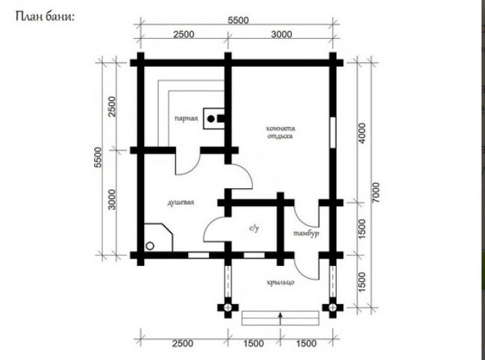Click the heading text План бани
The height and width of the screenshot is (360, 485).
pyautogui.click(x=46, y=16)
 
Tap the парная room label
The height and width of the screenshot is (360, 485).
pyautogui.click(x=187, y=119)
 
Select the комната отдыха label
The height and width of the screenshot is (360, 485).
pyautogui.click(x=281, y=132)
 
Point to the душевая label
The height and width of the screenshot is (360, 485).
pyautogui.click(x=181, y=202)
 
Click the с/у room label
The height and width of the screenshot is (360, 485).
pyautogui.click(x=254, y=229)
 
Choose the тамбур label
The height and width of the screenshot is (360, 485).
pyautogui.click(x=306, y=233)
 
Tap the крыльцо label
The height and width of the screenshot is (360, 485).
pyautogui.click(x=281, y=282)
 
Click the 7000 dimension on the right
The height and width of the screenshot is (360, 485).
pyautogui.click(x=375, y=193)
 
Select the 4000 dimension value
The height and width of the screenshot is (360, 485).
pyautogui.click(x=362, y=133)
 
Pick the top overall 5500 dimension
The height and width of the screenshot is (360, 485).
pyautogui.click(x=238, y=20)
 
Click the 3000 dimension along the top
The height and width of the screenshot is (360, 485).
pyautogui.click(x=281, y=34)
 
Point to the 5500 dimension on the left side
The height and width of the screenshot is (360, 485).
pyautogui.click(x=98, y=158)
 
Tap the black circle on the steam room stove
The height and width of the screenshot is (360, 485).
pyautogui.click(x=211, y=119)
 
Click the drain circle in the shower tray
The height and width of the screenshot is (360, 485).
pyautogui.click(x=150, y=246)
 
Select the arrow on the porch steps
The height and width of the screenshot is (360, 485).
pyautogui.click(x=281, y=319)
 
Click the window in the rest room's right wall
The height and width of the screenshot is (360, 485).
pyautogui.click(x=333, y=132)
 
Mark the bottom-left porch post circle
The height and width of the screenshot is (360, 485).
pyautogui.click(x=228, y=308)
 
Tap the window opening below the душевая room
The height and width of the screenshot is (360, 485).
pyautogui.click(x=198, y=255)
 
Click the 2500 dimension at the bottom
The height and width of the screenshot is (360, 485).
pyautogui.click(x=183, y=344)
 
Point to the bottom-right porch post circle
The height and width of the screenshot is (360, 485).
pyautogui.click(x=333, y=308)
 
